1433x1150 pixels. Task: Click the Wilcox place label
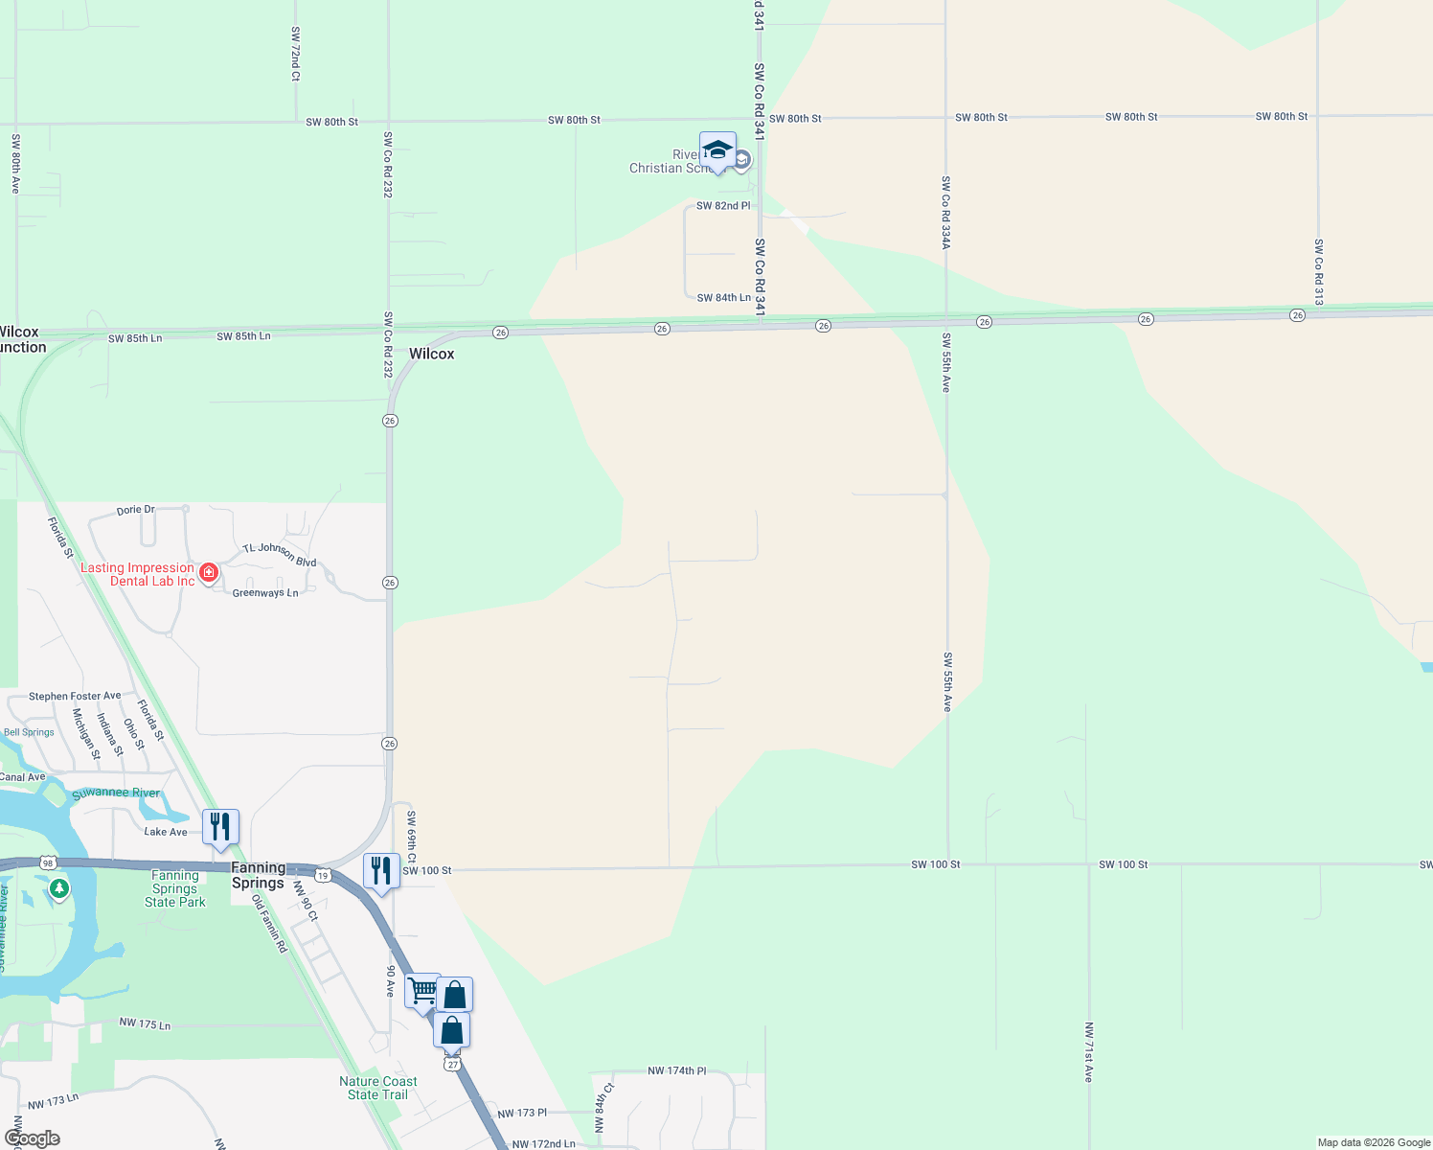(x=431, y=354)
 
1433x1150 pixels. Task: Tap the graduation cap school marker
(x=717, y=150)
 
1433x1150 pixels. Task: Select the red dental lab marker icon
(x=208, y=572)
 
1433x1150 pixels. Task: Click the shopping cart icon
(x=422, y=991)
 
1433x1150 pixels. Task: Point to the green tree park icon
(x=59, y=889)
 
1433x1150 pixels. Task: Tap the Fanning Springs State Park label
(x=175, y=888)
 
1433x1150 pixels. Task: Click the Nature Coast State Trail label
(x=377, y=1088)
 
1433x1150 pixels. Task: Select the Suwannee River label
(x=116, y=793)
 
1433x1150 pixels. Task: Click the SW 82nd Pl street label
(x=723, y=206)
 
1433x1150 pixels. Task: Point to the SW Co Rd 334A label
(x=945, y=213)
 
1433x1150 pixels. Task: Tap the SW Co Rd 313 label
(x=1318, y=272)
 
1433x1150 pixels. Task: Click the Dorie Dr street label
(x=135, y=510)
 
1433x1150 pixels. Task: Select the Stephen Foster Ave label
(x=75, y=696)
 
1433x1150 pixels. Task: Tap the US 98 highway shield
(x=48, y=863)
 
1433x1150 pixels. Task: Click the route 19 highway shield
(x=324, y=876)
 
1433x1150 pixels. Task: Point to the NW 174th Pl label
(x=676, y=1070)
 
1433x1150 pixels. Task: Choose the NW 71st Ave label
(x=1088, y=1052)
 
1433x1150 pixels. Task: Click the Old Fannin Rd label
(x=269, y=923)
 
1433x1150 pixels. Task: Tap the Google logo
(x=33, y=1138)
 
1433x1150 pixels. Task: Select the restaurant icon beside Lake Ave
(x=220, y=827)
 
